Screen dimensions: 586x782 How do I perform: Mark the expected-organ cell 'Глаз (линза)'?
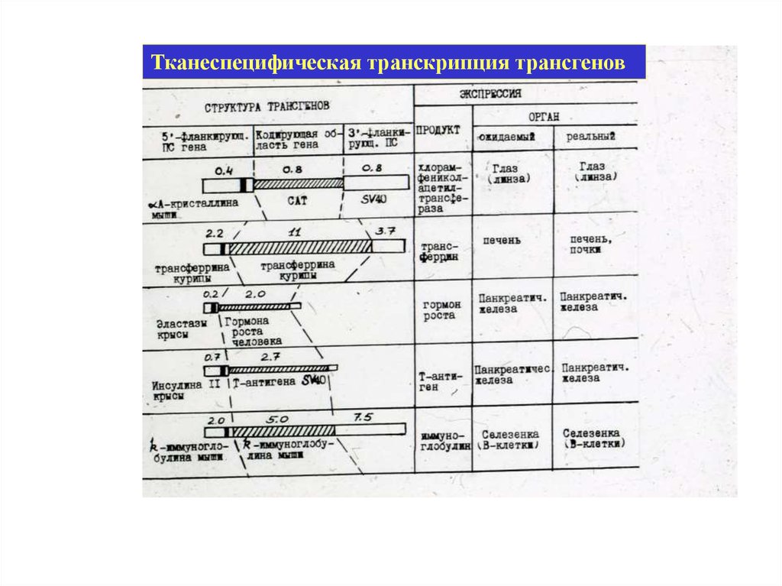tap(510, 172)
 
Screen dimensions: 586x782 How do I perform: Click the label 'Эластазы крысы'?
tap(181, 329)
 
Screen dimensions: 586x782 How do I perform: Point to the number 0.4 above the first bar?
tap(223, 168)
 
